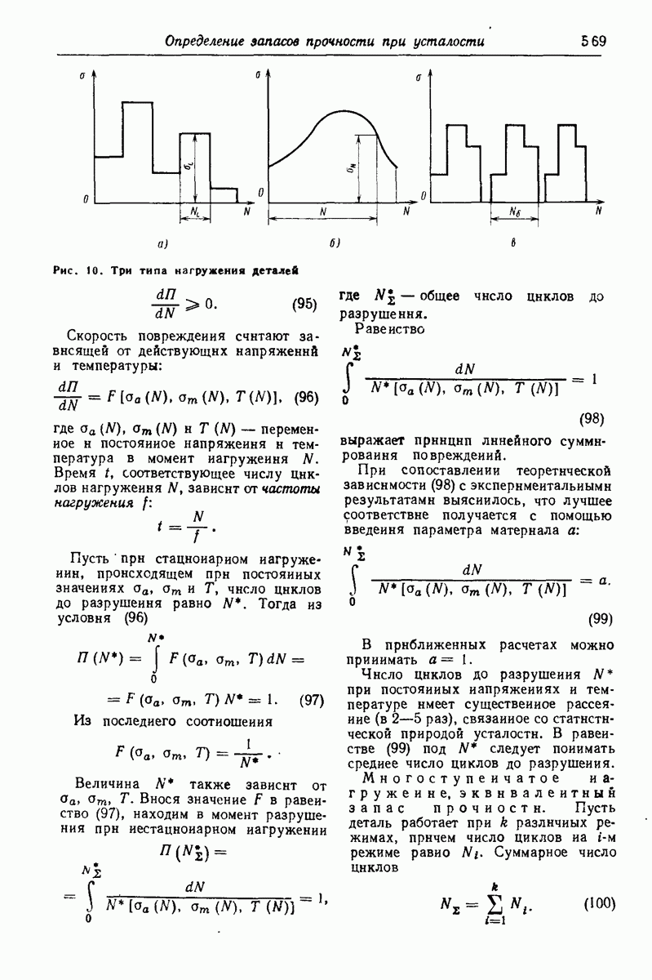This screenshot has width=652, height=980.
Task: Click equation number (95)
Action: coord(305,305)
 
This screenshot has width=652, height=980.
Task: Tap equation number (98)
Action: coord(591,419)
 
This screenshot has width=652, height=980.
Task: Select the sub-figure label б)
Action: coord(335,243)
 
